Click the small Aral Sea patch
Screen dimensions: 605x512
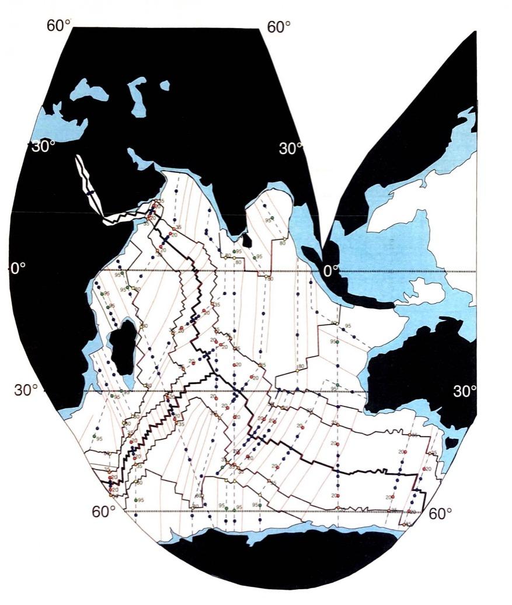[165, 86]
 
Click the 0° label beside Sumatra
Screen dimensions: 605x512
[332, 270]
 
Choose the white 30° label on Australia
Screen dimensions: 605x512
[465, 391]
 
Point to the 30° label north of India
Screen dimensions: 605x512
[291, 148]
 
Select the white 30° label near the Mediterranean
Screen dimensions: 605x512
[44, 146]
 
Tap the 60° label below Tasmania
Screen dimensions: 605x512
[441, 513]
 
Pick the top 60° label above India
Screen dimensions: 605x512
[278, 27]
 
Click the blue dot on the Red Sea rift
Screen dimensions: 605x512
[90, 193]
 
